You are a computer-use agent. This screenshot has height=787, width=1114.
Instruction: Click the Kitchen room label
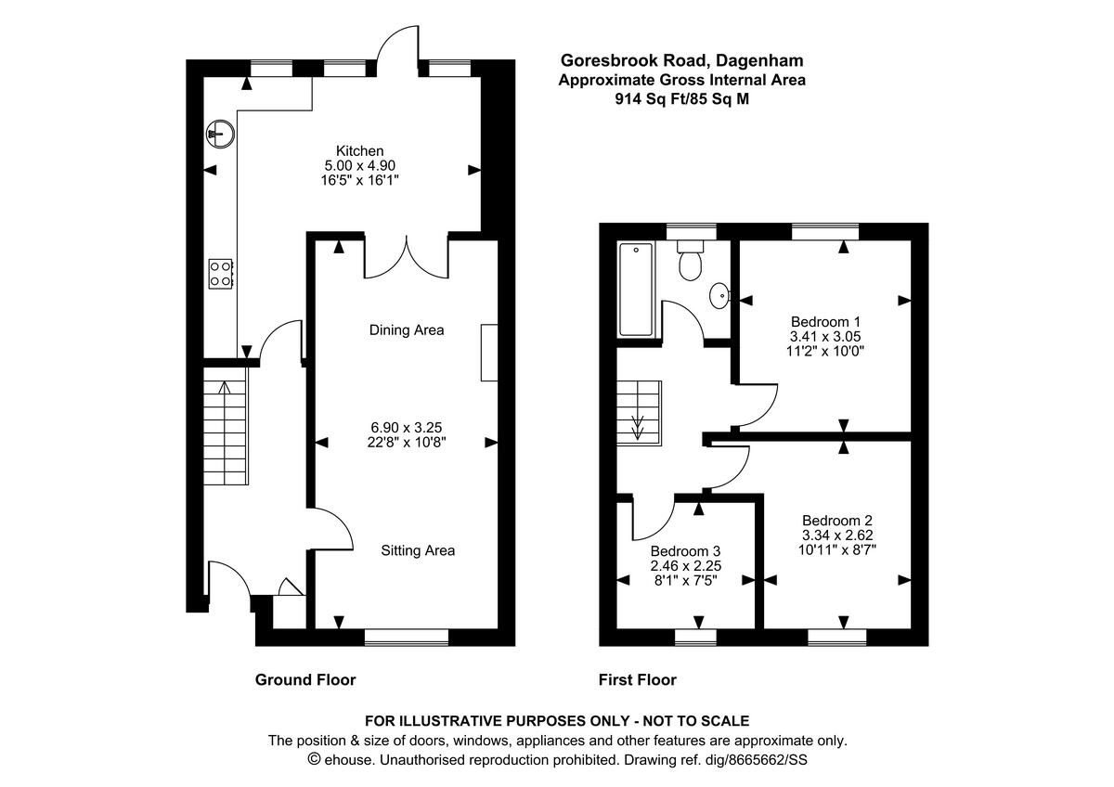359,151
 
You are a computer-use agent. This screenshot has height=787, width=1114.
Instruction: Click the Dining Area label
406,330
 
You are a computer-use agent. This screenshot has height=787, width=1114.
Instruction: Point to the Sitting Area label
418,550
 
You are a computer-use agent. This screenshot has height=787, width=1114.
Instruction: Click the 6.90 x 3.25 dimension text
406,428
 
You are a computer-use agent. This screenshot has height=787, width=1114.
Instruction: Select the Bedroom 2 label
837,521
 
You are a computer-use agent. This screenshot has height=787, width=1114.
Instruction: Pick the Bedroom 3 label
686,550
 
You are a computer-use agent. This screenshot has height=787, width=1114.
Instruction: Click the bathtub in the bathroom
637,289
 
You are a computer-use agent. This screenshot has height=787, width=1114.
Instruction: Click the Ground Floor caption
305,680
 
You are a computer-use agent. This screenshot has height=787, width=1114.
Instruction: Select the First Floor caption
638,680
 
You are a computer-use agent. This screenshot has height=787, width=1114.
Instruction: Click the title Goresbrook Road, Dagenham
681,60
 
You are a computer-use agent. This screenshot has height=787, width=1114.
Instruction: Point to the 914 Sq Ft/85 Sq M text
681,99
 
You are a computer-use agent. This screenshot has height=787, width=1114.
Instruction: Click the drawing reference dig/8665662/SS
751,760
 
